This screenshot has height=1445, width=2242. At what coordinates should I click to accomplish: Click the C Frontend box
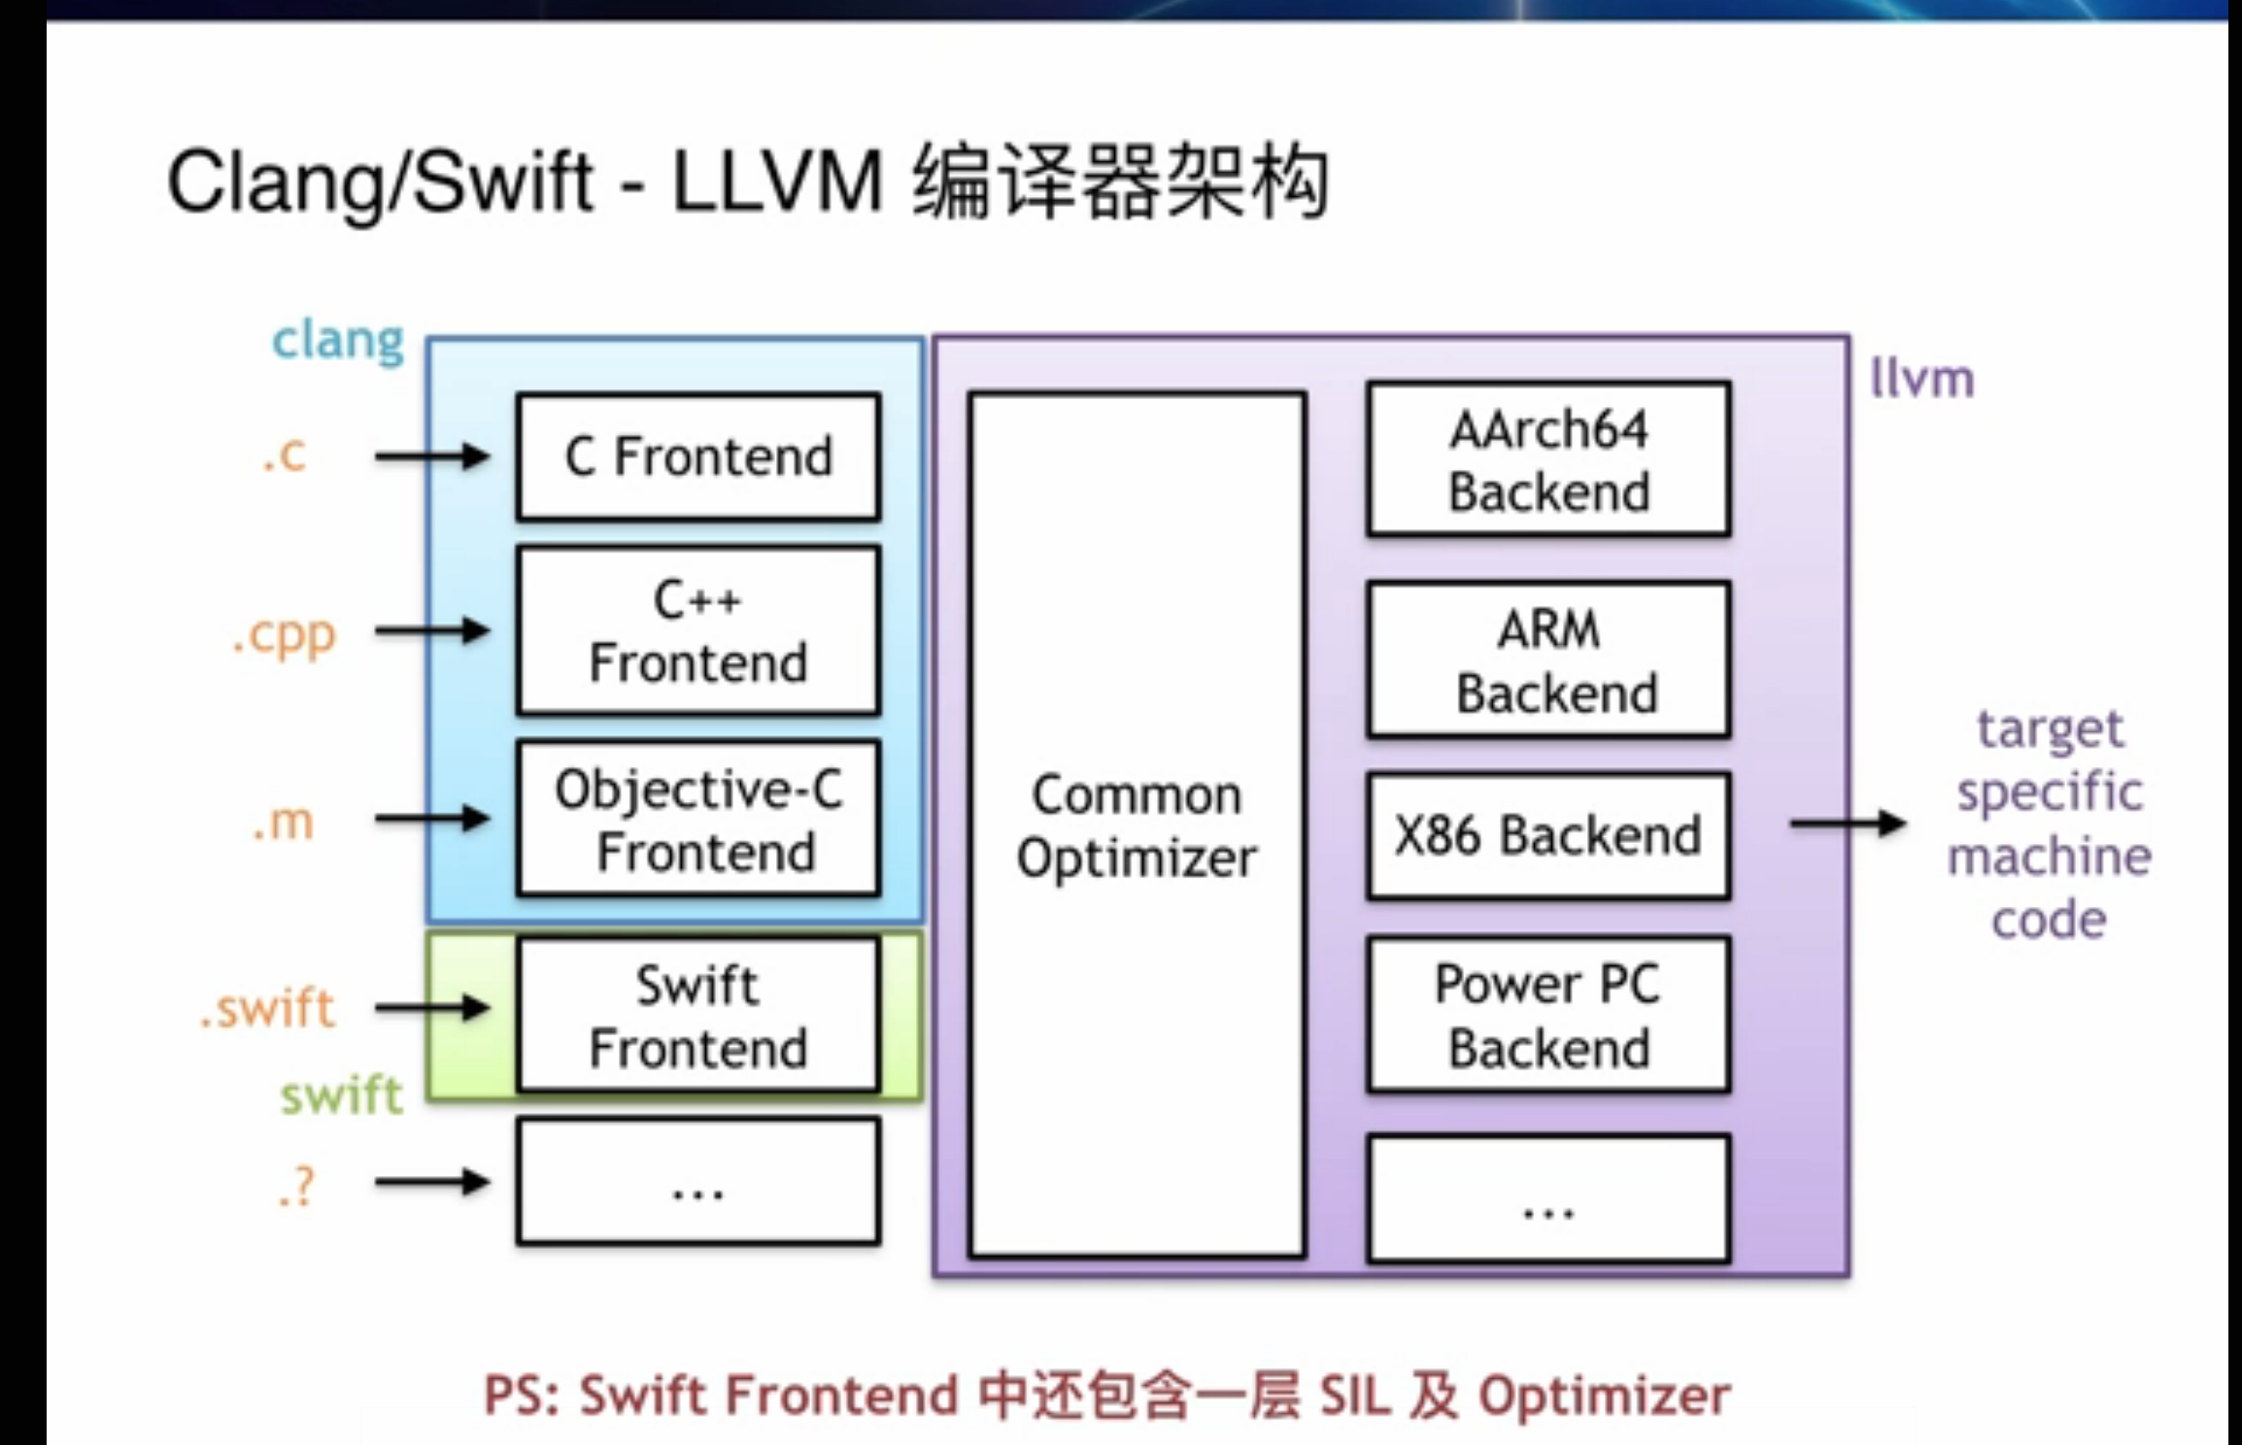[x=698, y=456]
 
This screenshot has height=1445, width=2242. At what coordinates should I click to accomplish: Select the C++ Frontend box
[x=698, y=631]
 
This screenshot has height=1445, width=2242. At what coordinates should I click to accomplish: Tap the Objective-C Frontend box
[x=698, y=819]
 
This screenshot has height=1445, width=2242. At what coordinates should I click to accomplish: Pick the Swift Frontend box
[x=698, y=1015]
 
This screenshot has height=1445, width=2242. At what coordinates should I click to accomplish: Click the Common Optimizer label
[x=1137, y=825]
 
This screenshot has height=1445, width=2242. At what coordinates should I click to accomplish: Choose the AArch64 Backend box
[x=1548, y=459]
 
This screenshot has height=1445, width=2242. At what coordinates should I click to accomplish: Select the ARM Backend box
[x=1548, y=660]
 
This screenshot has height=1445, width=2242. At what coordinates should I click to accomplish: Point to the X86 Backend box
[x=1548, y=835]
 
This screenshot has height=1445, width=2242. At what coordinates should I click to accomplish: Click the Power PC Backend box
[x=1548, y=1015]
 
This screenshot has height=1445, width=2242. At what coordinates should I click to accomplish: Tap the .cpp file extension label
[x=285, y=636]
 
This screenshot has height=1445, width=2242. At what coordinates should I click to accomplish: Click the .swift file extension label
[x=268, y=1008]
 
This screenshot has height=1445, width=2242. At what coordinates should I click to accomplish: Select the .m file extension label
[x=283, y=823]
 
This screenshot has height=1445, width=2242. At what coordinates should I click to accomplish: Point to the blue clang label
[x=337, y=340]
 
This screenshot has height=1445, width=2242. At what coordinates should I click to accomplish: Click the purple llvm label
[x=1921, y=379]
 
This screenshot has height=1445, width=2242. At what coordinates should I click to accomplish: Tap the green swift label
[x=341, y=1095]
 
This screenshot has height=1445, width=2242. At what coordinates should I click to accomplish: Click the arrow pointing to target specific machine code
[x=1847, y=823]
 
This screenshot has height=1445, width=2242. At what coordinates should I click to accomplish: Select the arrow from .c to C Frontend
[x=432, y=455]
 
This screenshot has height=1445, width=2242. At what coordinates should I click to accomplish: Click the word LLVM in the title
[x=777, y=183]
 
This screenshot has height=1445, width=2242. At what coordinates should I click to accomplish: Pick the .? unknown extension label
[x=297, y=1186]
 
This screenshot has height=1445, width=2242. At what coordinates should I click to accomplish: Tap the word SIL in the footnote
[x=1354, y=1395]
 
